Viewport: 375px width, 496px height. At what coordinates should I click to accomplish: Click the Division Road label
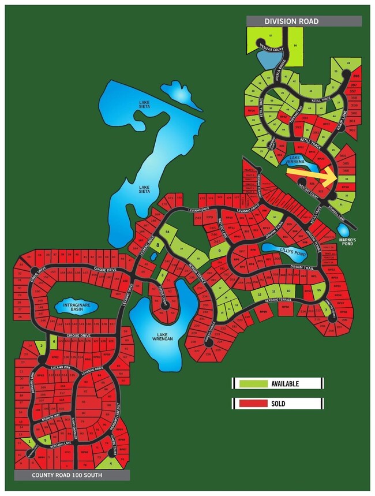pos(291,21)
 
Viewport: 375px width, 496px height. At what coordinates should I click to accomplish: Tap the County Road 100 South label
pos(66,475)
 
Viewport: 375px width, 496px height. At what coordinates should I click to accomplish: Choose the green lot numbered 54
pos(167,231)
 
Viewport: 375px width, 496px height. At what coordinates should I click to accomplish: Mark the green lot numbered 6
pos(54,341)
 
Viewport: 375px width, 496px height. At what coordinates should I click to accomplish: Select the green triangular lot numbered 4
pos(110,461)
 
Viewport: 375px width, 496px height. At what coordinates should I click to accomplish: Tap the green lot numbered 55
pos(318,290)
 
